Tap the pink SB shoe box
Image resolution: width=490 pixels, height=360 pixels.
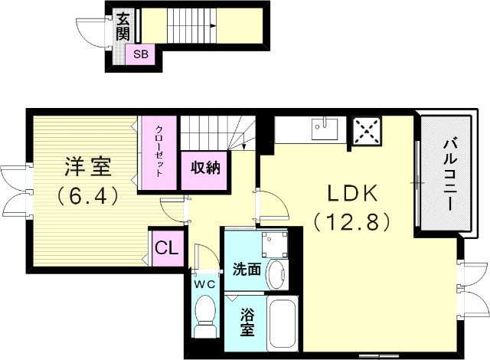(140, 54)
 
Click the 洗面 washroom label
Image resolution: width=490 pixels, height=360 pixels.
(246, 269)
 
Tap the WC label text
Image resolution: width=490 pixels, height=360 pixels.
(205, 284)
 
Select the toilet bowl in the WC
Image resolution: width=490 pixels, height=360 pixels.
(205, 315)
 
